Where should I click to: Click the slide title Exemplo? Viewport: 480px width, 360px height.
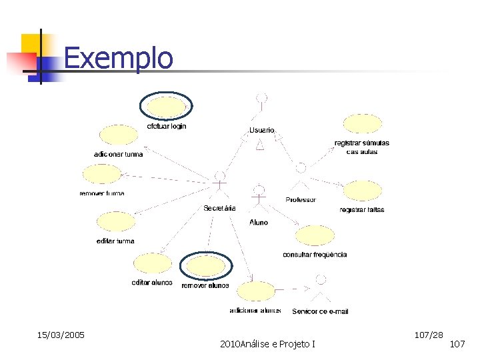[118, 58]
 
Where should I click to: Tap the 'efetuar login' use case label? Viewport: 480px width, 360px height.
[167, 126]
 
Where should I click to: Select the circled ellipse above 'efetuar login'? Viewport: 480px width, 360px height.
[166, 107]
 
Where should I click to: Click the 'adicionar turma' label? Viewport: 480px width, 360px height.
[118, 153]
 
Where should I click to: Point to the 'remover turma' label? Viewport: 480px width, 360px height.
[102, 193]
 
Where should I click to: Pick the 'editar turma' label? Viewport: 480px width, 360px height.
[115, 241]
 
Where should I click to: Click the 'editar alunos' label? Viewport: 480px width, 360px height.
[152, 283]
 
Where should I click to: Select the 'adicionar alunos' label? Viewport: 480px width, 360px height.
[255, 311]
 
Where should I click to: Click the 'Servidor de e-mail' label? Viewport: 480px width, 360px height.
[320, 311]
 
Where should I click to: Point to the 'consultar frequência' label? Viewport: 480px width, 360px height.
[315, 255]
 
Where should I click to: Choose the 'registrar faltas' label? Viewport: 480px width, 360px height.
[362, 210]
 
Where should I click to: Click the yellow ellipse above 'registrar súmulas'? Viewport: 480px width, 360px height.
[362, 124]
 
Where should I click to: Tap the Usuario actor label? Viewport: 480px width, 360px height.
[262, 129]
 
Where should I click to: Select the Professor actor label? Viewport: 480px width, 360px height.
[301, 200]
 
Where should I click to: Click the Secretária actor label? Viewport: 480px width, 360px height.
[219, 208]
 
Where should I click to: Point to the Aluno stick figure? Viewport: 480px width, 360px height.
[259, 198]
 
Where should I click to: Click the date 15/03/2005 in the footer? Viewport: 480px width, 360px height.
[61, 334]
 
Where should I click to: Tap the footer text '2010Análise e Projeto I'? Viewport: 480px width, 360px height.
[267, 343]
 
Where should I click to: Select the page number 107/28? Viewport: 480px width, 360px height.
[429, 333]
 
